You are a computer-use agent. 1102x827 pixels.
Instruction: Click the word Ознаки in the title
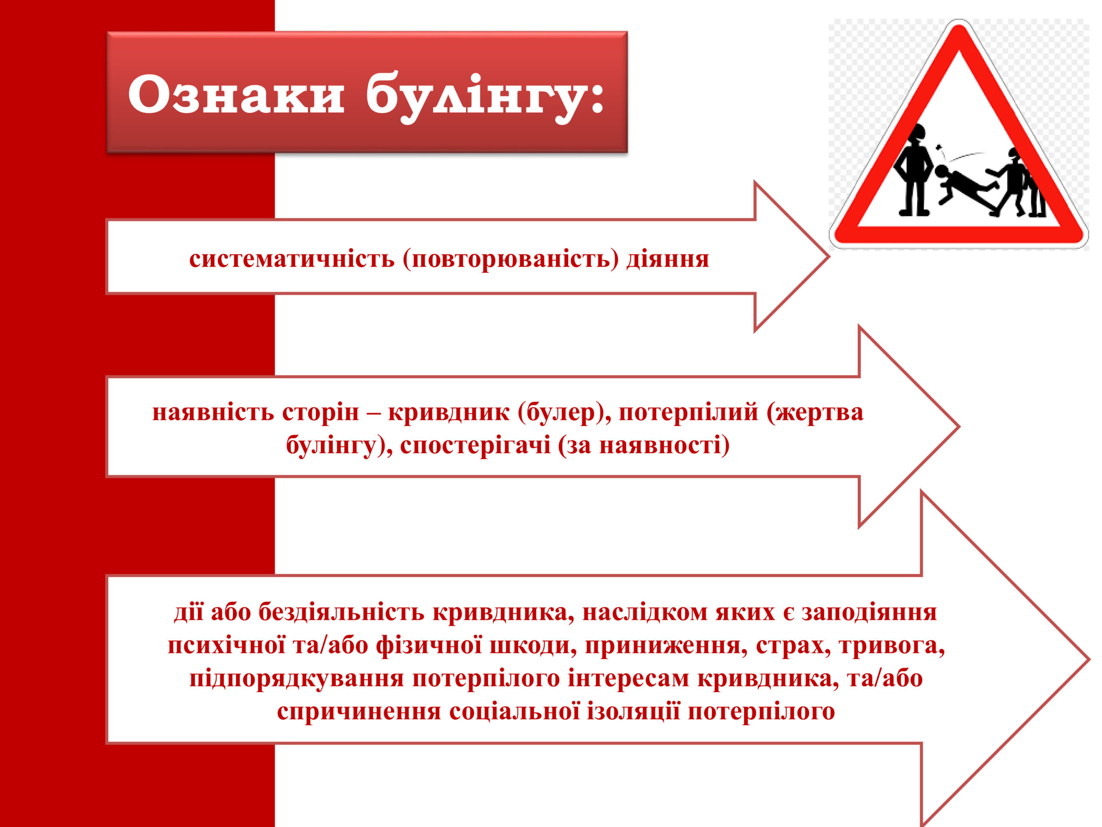[236, 94]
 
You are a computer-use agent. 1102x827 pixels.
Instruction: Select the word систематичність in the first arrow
[292, 259]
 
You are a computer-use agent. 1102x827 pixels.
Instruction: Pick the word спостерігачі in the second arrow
[475, 445]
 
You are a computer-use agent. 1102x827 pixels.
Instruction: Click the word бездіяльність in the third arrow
[341, 612]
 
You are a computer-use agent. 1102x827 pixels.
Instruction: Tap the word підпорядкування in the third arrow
[297, 679]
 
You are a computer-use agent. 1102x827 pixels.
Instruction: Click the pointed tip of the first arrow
[829, 257]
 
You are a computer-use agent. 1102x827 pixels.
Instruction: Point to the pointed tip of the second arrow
[959, 427]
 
